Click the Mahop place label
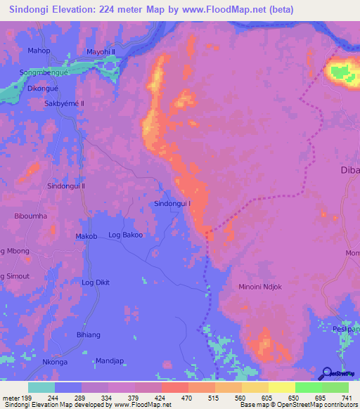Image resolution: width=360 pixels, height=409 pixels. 39,51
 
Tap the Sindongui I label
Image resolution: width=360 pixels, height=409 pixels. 172,204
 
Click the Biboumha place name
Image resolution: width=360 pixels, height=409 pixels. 31,216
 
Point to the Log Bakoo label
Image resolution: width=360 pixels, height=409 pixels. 126,235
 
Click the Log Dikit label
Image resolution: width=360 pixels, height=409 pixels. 96,283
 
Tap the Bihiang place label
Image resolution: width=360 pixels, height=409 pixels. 89,335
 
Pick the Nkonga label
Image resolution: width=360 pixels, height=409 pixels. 55,362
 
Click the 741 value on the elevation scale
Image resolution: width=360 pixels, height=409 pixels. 345,398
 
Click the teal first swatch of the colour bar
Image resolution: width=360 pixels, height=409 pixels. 41,387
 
